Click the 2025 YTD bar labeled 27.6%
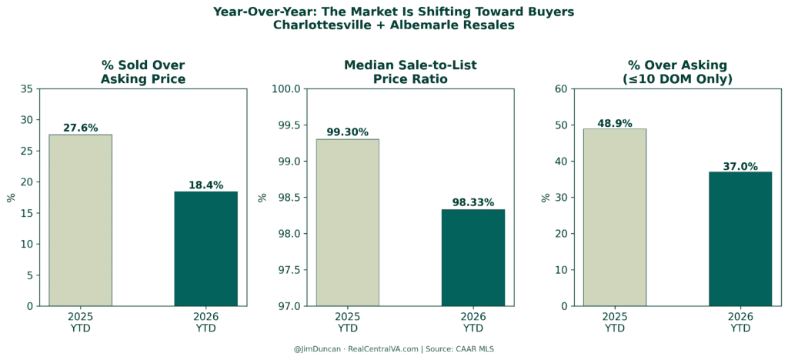[x=80, y=220]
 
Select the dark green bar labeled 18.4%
[x=205, y=248]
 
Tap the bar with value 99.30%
[x=347, y=222]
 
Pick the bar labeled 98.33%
[x=472, y=258]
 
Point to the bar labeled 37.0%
[x=740, y=238]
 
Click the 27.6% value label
[x=80, y=128]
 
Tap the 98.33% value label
[x=472, y=202]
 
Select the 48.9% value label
[x=614, y=123]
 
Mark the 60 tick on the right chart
[x=560, y=89]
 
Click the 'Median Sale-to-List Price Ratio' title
[x=409, y=72]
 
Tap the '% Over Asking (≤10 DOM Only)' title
[x=676, y=72]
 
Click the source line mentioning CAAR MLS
[x=393, y=349]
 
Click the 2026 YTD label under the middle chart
[x=472, y=322]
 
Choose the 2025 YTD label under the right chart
[x=614, y=322]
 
